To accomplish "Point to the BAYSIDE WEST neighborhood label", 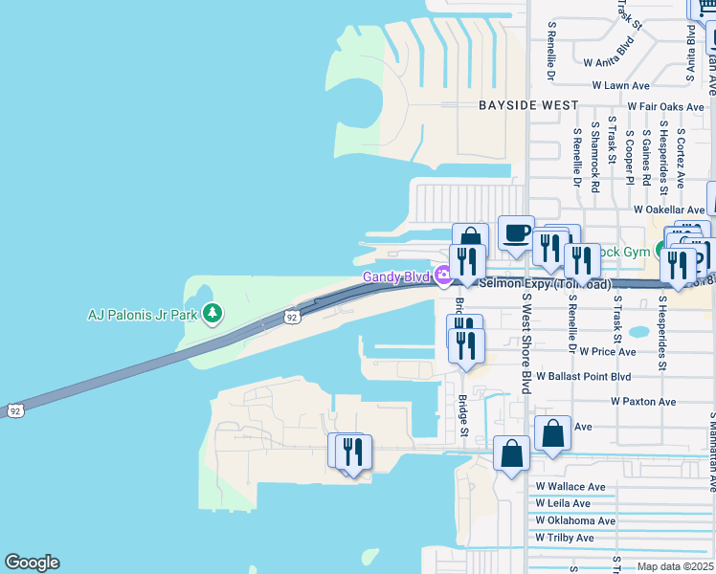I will coord(528,104).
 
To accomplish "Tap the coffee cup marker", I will coord(516,232).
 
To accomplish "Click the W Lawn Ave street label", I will coord(621,85).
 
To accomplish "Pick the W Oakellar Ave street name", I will coord(668,210).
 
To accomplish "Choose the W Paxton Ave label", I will coord(643,402).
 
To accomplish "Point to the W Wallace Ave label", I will coord(571,487).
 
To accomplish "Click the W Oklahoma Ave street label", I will coord(575,520).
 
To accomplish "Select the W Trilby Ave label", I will coord(565,538).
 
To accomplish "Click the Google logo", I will coord(32,563).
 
